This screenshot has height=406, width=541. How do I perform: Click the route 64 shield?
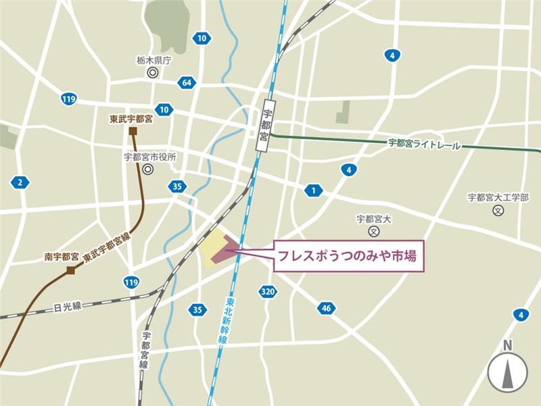[x=186, y=82]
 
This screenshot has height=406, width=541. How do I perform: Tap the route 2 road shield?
[x=20, y=182]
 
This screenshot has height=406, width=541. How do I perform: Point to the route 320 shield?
[x=267, y=291]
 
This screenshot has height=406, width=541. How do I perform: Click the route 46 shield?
[x=326, y=308]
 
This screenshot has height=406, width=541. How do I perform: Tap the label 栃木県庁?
[x=154, y=59]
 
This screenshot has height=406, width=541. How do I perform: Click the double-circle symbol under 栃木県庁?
[x=153, y=73]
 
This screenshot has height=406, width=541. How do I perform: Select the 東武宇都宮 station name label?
[x=131, y=118]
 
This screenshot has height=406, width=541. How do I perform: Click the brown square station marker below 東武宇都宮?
[x=133, y=130]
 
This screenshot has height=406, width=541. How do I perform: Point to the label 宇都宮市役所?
[x=150, y=157]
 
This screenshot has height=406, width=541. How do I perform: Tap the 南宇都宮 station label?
[x=62, y=257]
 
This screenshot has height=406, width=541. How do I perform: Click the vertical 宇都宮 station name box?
[x=266, y=128]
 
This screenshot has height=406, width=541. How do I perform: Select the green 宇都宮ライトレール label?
[x=424, y=145]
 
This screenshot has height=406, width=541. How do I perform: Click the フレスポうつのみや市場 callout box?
[x=349, y=256]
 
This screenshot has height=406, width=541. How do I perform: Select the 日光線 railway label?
[x=67, y=307]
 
